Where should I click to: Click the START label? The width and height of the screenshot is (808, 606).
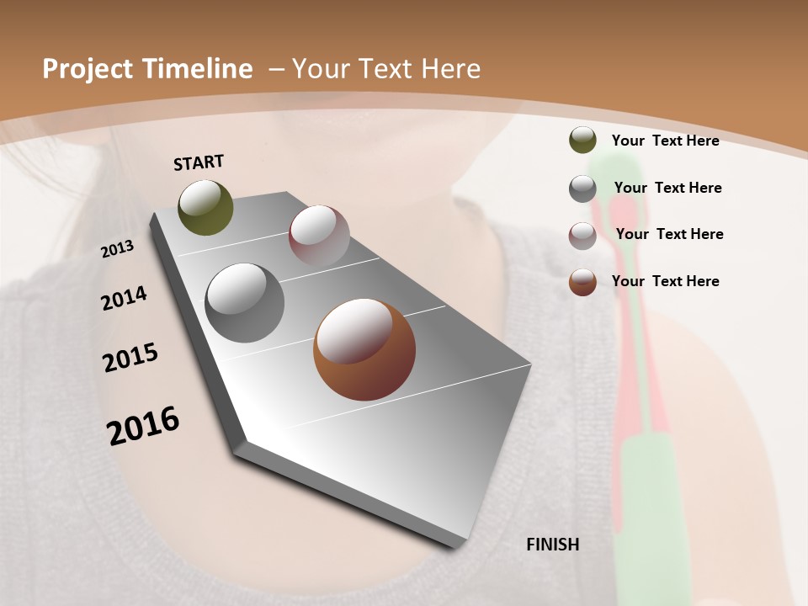(199, 162)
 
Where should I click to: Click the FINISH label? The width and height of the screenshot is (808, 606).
(552, 545)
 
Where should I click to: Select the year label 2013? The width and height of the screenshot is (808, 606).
(117, 248)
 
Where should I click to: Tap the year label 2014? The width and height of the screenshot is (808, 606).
(124, 299)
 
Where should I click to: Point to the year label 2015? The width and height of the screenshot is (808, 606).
(130, 358)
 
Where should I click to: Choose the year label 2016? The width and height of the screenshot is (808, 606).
(143, 426)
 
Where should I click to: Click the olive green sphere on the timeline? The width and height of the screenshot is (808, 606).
(205, 207)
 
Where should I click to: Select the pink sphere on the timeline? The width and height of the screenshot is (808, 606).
(319, 236)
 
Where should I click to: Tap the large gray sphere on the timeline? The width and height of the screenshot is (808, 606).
(245, 303)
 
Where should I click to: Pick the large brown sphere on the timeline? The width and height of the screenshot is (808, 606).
(364, 349)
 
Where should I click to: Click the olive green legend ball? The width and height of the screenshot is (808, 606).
(582, 141)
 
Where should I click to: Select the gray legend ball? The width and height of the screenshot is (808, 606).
(582, 189)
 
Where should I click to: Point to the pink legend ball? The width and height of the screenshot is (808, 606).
(582, 235)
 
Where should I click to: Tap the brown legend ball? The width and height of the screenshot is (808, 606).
(582, 282)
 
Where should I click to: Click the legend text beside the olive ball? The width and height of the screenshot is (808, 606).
(665, 141)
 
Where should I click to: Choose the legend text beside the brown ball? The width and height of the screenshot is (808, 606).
(665, 281)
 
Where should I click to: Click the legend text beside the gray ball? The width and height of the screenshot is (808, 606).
(667, 188)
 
